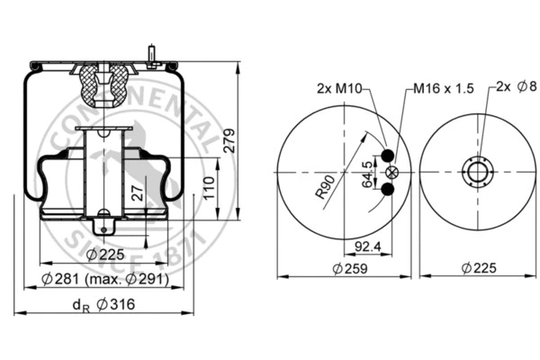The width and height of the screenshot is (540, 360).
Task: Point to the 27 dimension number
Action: tap(136, 191)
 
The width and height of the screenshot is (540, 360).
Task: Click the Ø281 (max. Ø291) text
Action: tap(105, 279)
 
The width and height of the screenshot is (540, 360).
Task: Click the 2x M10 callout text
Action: tap(339, 88)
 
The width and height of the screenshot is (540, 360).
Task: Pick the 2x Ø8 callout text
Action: tap(516, 88)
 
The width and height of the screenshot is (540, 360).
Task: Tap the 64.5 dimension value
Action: tap(366, 170)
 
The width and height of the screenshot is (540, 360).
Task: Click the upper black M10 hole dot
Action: tap(388, 156)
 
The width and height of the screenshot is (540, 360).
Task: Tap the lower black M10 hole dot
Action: tap(388, 188)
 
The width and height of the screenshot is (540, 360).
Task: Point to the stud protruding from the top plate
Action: tap(156, 53)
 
